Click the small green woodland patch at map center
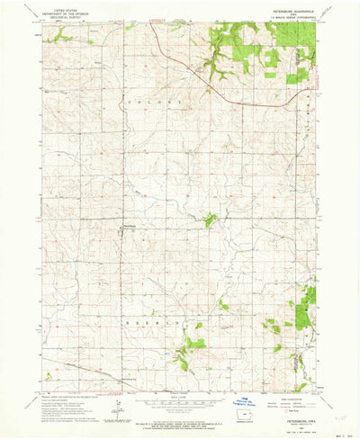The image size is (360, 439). (x=210, y=219)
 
